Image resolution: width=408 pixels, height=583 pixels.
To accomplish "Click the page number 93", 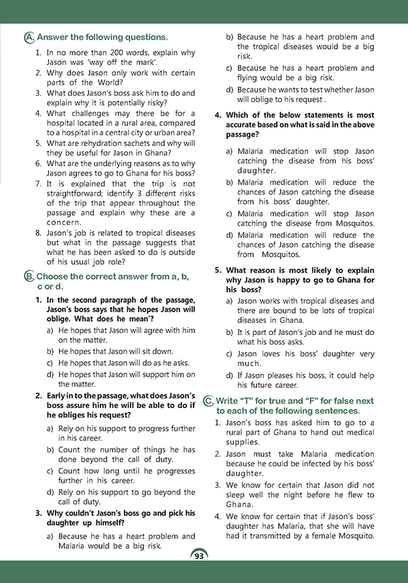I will pos(199,556).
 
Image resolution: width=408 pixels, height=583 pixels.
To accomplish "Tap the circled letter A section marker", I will pos(28,37).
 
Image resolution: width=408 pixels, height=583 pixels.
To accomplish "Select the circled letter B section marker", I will pos(28,276).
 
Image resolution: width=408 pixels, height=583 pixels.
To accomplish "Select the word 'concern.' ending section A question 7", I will pos(64,222).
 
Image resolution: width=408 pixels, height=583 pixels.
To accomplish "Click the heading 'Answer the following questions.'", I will pos(102,37).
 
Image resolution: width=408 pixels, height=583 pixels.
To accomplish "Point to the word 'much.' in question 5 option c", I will pos(249,364).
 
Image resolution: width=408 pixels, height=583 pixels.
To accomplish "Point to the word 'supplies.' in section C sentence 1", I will pos(242,442).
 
